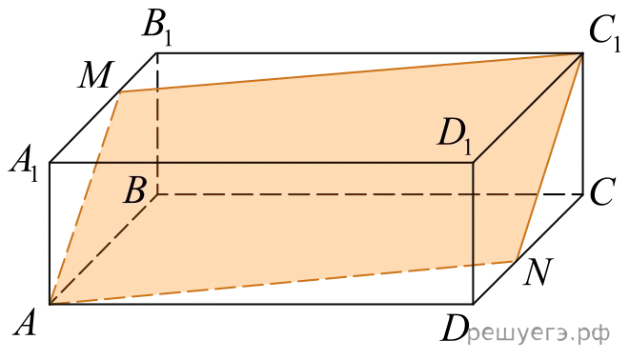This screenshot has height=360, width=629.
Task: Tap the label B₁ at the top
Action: (x=157, y=28)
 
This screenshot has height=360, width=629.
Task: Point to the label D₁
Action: (x=455, y=136)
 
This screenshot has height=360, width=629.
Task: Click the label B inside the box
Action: (x=134, y=190)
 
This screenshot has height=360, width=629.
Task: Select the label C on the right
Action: (x=602, y=192)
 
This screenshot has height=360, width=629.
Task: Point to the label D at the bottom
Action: (x=455, y=328)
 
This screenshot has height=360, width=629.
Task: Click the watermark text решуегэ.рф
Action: (x=538, y=333)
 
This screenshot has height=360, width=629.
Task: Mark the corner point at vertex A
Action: (x=50, y=304)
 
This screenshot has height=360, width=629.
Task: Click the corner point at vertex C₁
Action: (x=582, y=53)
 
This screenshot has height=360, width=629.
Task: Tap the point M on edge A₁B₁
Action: (x=120, y=91)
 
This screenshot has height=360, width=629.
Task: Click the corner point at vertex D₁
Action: (x=474, y=162)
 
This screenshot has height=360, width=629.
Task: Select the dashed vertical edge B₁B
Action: (x=157, y=124)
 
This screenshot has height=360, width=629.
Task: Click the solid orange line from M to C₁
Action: (x=352, y=72)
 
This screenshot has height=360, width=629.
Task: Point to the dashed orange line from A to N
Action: (x=283, y=282)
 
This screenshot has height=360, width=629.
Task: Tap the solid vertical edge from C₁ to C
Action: (x=582, y=124)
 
